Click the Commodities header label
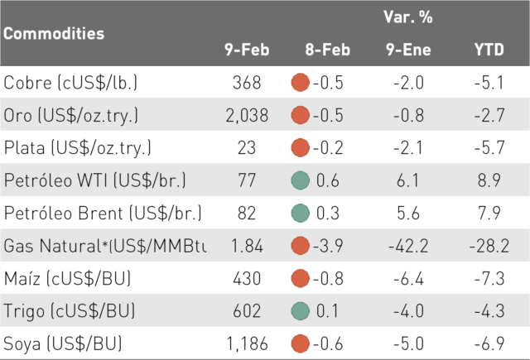point(54,33)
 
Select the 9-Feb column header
point(247,50)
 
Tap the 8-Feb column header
point(328,50)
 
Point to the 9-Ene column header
point(408,50)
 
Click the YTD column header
point(489,50)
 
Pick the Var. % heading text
point(408,17)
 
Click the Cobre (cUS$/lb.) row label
point(70,83)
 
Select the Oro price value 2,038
point(247,115)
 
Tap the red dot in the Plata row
point(300,147)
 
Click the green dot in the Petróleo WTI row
point(300,180)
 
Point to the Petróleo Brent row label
point(103,213)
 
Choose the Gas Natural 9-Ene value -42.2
point(408,246)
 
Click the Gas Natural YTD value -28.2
point(489,246)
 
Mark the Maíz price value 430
point(247,279)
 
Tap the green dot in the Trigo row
point(300,311)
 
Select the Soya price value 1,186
point(247,343)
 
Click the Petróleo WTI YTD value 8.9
point(489,180)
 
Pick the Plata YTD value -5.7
point(489,147)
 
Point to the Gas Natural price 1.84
point(247,246)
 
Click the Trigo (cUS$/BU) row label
point(70,311)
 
